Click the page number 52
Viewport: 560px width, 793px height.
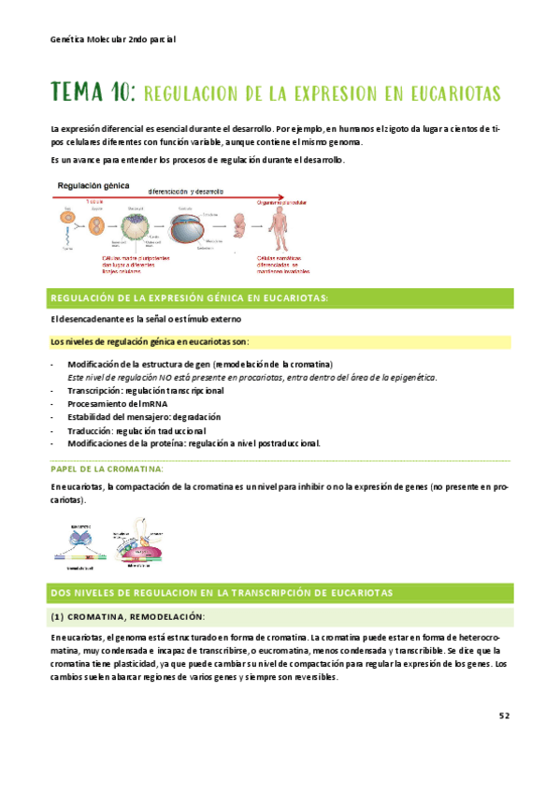tap(504, 715)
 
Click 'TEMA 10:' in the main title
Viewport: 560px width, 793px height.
tap(93, 94)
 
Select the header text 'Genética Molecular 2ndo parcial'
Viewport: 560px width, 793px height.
tap(113, 40)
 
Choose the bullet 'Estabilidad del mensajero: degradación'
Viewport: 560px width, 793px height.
tap(144, 416)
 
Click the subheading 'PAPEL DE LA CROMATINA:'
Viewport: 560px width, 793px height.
tap(108, 468)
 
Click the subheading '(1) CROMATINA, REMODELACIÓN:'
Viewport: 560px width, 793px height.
tap(127, 616)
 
